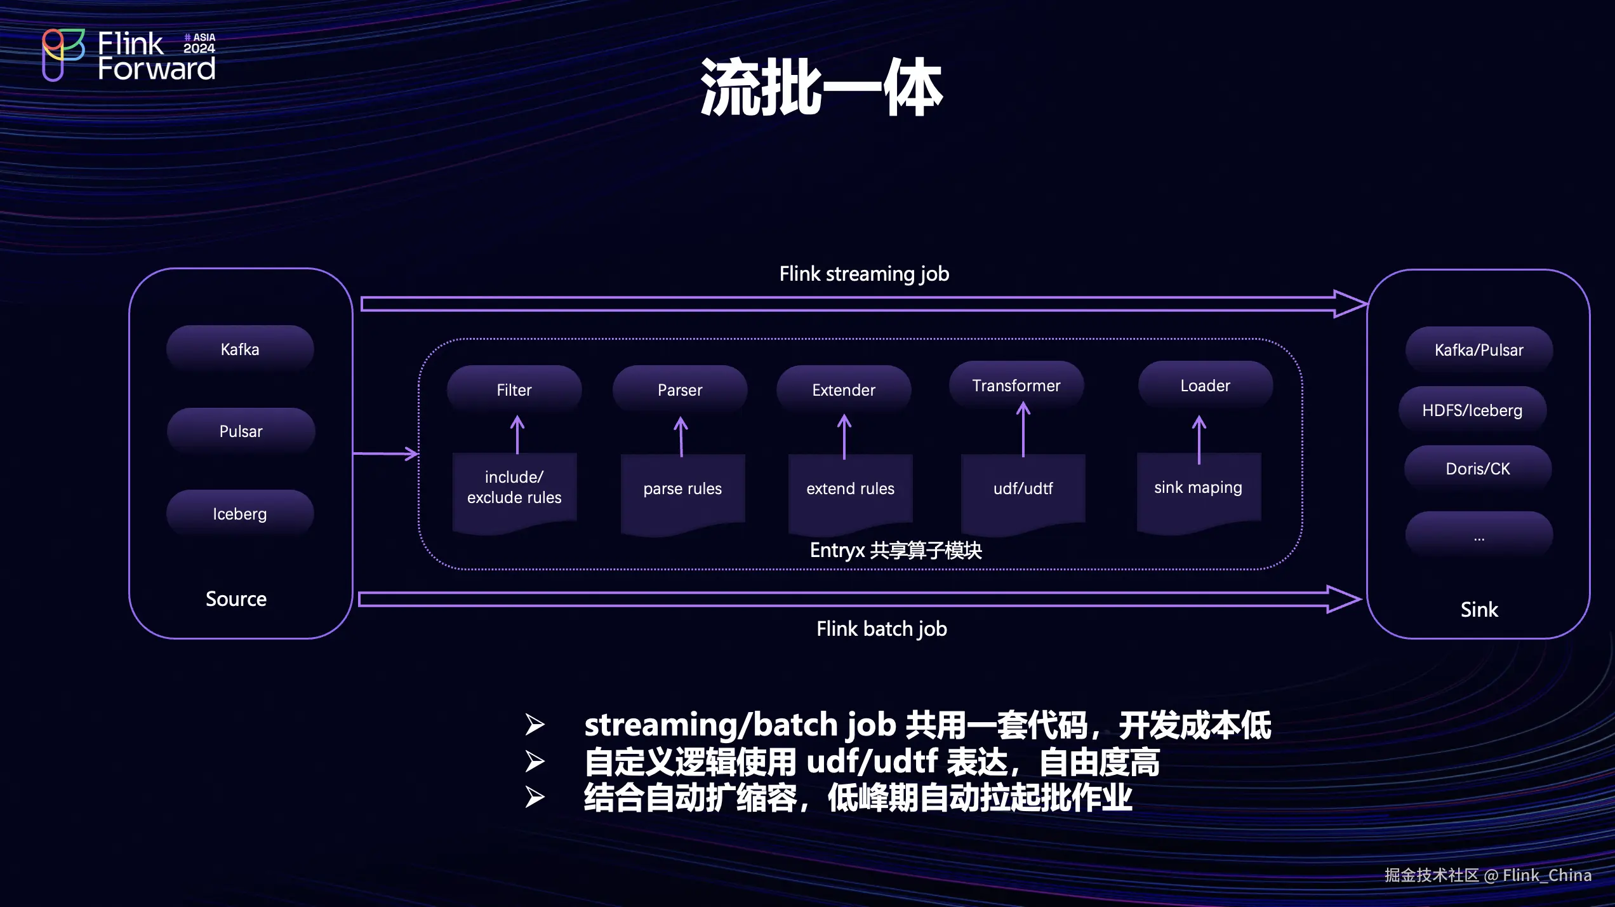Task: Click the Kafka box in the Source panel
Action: (x=240, y=349)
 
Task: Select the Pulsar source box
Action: (x=241, y=431)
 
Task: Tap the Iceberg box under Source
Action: (x=240, y=513)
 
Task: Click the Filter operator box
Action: (x=514, y=389)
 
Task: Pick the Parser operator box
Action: (x=680, y=389)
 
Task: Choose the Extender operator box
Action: (x=844, y=389)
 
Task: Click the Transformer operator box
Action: (x=1016, y=385)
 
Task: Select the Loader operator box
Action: (x=1205, y=385)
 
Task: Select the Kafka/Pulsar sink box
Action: (x=1479, y=350)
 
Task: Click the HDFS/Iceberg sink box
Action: (x=1472, y=410)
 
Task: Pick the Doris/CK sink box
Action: (x=1478, y=469)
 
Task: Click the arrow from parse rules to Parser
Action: (x=681, y=436)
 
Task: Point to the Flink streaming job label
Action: (x=864, y=274)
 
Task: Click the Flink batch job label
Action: (x=882, y=629)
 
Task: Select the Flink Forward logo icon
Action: (x=62, y=54)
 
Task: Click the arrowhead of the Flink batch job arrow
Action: (x=1345, y=599)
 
